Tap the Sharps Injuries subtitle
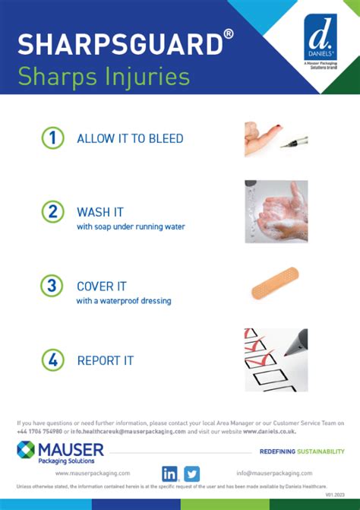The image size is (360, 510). tap(103, 76)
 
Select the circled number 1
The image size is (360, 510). tap(52, 138)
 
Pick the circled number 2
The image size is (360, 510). tap(52, 212)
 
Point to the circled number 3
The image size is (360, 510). tap(52, 286)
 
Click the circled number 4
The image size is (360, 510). tap(52, 360)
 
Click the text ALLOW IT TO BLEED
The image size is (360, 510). tap(130, 139)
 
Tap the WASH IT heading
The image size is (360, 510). tap(100, 212)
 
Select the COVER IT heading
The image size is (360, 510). tap(102, 287)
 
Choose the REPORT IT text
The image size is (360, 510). tap(106, 361)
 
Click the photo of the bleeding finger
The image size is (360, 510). tap(276, 138)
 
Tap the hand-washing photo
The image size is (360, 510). tap(276, 211)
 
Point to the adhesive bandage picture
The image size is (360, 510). tap(275, 284)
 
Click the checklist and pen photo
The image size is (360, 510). tap(276, 360)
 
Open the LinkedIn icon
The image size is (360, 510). tap(170, 473)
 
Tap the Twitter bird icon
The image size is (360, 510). tap(191, 473)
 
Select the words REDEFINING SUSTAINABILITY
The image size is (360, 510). tap(302, 451)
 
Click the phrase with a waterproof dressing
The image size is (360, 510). tap(124, 301)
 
